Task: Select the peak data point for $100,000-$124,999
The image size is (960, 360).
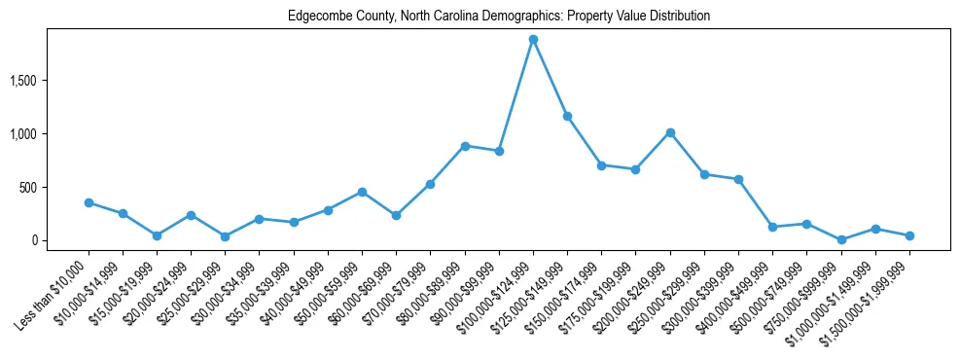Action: (x=533, y=40)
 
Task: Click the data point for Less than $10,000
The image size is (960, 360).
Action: (x=89, y=202)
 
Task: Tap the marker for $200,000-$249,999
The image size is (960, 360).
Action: (x=670, y=132)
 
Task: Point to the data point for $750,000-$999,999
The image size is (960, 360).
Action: (x=841, y=239)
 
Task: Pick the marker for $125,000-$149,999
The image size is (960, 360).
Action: (x=567, y=116)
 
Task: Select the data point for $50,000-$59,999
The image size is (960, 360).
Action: (x=362, y=192)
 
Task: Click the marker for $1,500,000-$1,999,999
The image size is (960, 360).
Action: (x=909, y=235)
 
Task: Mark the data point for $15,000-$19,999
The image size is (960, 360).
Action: (x=157, y=235)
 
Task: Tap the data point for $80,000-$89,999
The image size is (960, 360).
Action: (x=465, y=146)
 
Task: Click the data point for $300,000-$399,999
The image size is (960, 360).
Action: (x=738, y=179)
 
